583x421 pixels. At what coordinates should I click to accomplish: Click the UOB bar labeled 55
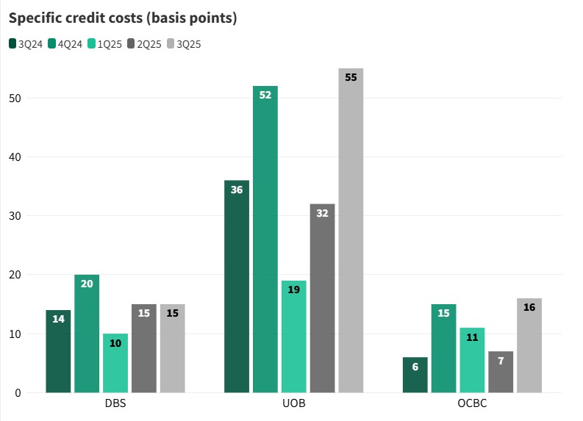[351, 235]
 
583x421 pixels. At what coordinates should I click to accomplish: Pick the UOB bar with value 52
[265, 242]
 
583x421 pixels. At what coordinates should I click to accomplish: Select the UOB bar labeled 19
[294, 338]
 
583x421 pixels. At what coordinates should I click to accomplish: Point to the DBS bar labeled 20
[87, 334]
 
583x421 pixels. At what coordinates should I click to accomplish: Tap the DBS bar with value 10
[115, 364]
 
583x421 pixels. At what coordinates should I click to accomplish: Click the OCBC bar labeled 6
[415, 375]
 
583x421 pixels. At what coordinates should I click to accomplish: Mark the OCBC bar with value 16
[529, 345]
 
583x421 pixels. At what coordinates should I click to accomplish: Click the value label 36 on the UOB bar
[237, 190]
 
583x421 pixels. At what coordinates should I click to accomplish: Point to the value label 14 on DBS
[58, 319]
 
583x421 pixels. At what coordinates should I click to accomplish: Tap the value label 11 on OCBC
[472, 337]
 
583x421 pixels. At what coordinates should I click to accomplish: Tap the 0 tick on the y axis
[18, 393]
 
